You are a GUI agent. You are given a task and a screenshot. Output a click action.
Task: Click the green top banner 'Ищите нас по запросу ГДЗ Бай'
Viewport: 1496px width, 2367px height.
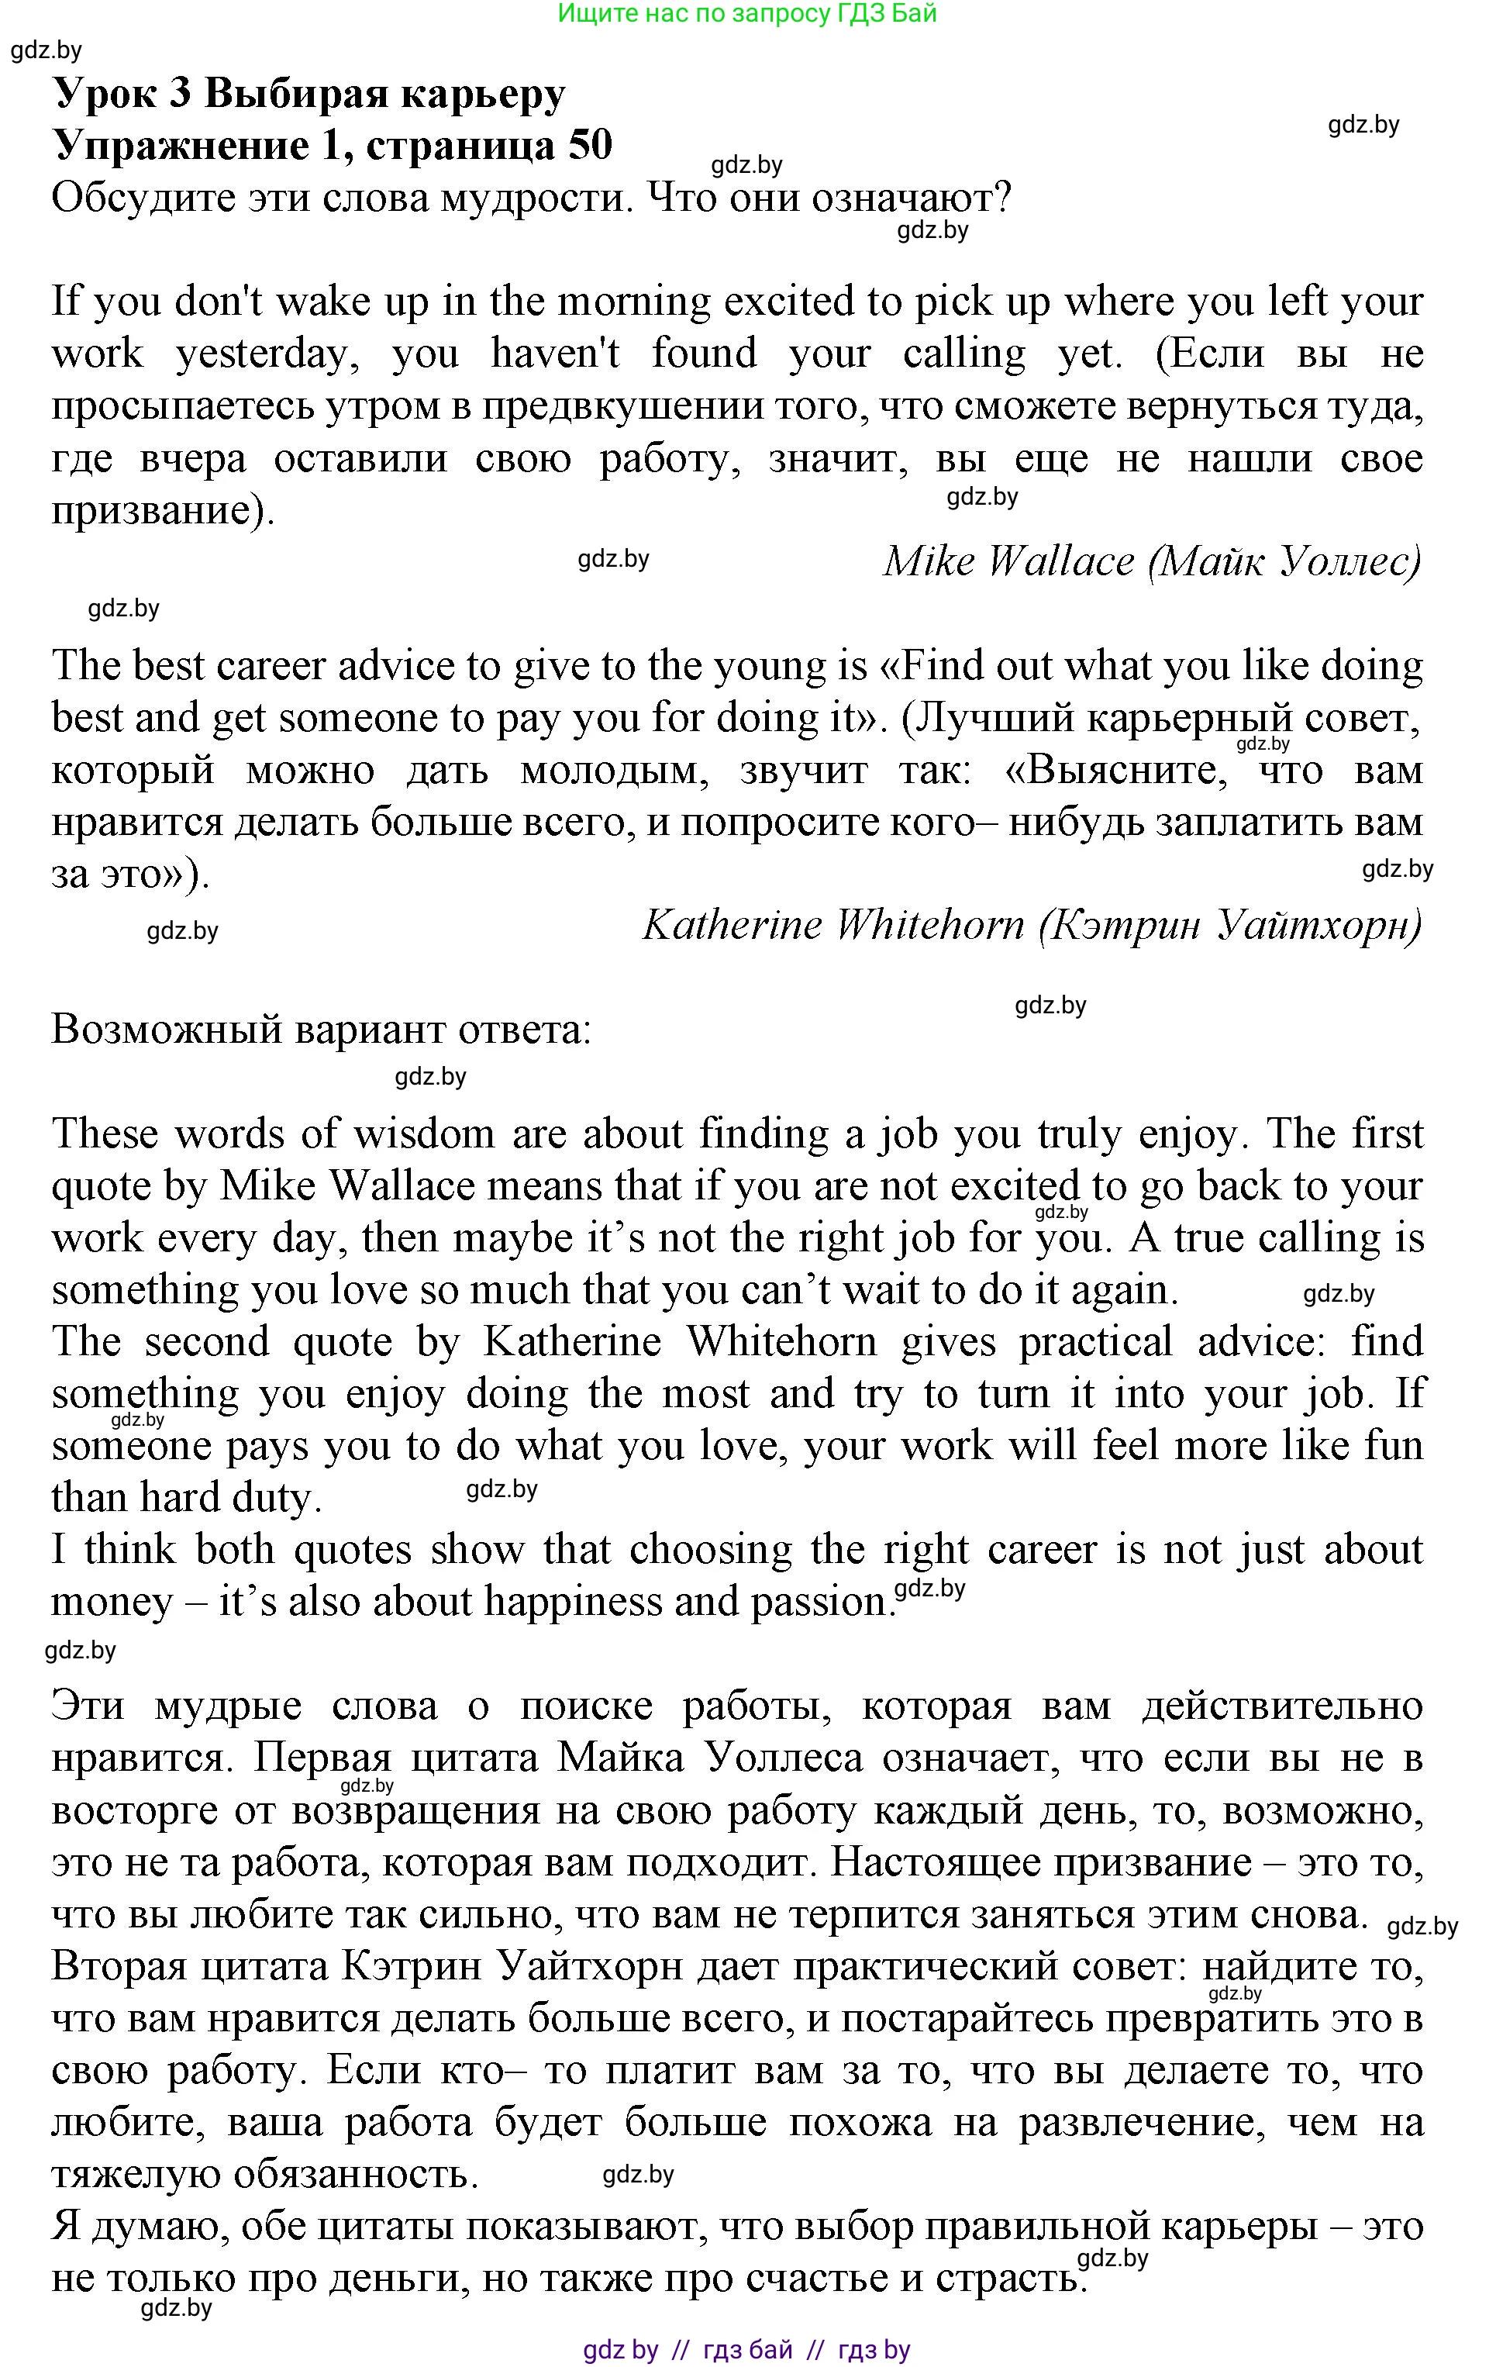click(x=747, y=14)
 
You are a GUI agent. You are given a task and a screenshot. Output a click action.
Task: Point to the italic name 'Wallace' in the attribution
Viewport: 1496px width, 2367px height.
click(x=1060, y=561)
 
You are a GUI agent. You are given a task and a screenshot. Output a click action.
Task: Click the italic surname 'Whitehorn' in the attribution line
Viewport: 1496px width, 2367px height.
click(x=929, y=925)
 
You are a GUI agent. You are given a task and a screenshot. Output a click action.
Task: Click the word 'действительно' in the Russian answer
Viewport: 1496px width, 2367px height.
click(x=1282, y=1706)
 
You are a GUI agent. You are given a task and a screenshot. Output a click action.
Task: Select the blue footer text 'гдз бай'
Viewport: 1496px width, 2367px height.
click(x=748, y=2350)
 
